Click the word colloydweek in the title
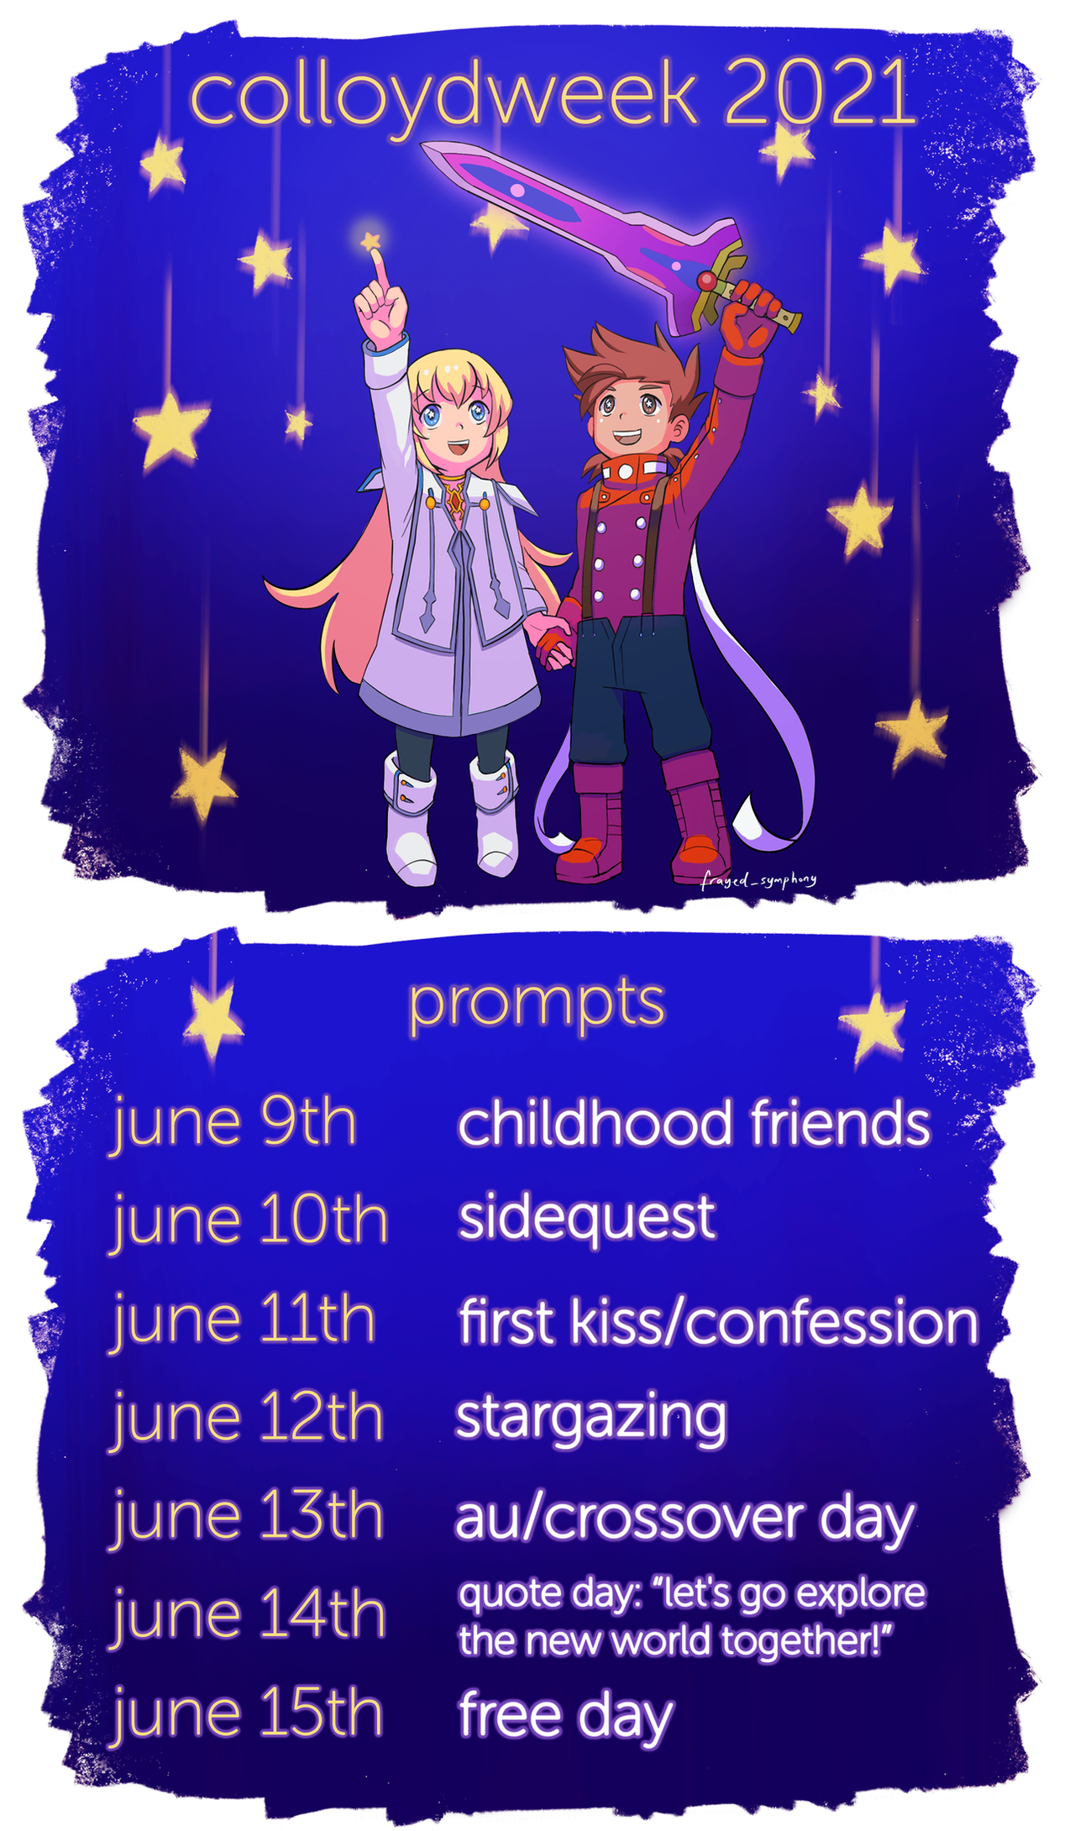click(444, 97)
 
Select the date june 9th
click(234, 1125)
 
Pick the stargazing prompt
click(590, 1419)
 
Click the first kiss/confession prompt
click(719, 1322)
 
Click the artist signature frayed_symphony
click(758, 879)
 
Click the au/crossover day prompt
click(684, 1519)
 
